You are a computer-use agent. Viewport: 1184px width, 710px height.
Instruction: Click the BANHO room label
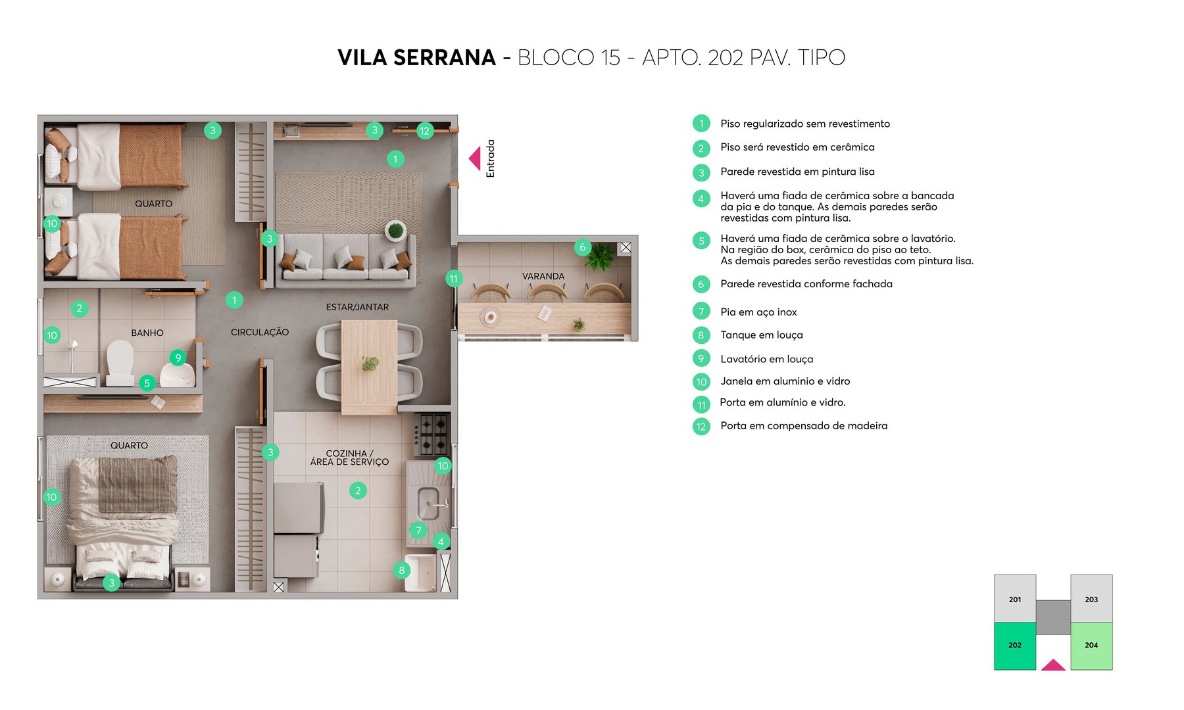coord(147,333)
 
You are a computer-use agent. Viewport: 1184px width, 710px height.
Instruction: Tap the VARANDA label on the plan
coord(543,276)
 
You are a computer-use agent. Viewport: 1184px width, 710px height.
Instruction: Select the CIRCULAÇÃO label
coord(260,332)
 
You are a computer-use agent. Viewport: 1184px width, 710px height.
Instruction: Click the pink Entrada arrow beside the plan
coord(475,158)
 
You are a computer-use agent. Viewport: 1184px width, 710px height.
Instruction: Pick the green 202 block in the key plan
coord(1014,646)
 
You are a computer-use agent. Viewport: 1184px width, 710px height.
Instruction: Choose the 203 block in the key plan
coord(1091,599)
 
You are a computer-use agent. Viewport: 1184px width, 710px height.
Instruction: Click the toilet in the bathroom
coord(120,360)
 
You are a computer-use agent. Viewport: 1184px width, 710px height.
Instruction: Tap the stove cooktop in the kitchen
coord(432,434)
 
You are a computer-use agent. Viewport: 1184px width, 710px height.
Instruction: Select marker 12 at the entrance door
coord(425,131)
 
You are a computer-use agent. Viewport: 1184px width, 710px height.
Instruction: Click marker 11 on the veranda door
coord(453,279)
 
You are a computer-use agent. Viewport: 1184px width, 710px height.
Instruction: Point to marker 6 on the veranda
coord(582,247)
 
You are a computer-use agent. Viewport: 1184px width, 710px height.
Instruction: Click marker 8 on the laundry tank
coord(401,570)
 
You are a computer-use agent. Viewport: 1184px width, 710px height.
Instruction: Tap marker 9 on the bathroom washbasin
coord(178,358)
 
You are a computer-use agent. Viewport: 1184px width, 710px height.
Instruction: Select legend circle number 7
coord(701,312)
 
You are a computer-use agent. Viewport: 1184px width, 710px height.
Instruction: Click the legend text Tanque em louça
coord(761,335)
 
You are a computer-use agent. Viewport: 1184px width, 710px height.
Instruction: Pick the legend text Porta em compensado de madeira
coord(803,426)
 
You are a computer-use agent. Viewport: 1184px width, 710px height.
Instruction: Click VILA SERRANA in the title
coord(416,58)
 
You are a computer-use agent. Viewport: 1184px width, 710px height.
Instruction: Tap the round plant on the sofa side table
coord(395,230)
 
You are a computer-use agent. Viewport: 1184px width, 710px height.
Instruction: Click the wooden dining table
coord(369,365)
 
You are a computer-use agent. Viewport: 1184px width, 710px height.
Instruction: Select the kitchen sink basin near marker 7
coord(428,504)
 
